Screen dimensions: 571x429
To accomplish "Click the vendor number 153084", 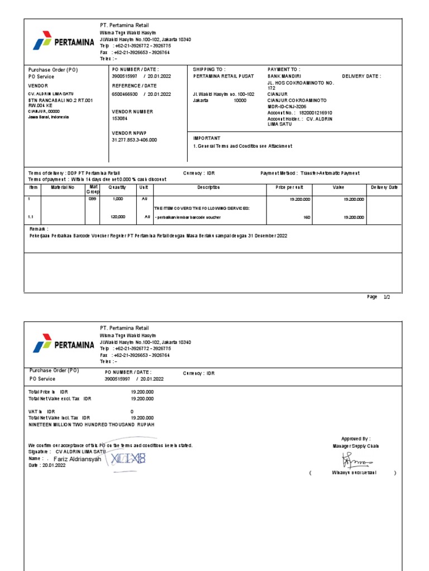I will click(120, 118).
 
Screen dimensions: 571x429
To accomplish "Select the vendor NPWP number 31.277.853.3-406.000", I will click(135, 140).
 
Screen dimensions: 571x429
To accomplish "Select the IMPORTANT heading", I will click(207, 138).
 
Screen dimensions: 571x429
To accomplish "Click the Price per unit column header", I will click(289, 187).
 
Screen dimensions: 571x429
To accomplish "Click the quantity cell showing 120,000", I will click(118, 216).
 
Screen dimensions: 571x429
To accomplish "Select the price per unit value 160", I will click(307, 216).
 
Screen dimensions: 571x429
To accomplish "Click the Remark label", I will click(39, 229).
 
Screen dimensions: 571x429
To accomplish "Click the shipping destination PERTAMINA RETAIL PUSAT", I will click(223, 75).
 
